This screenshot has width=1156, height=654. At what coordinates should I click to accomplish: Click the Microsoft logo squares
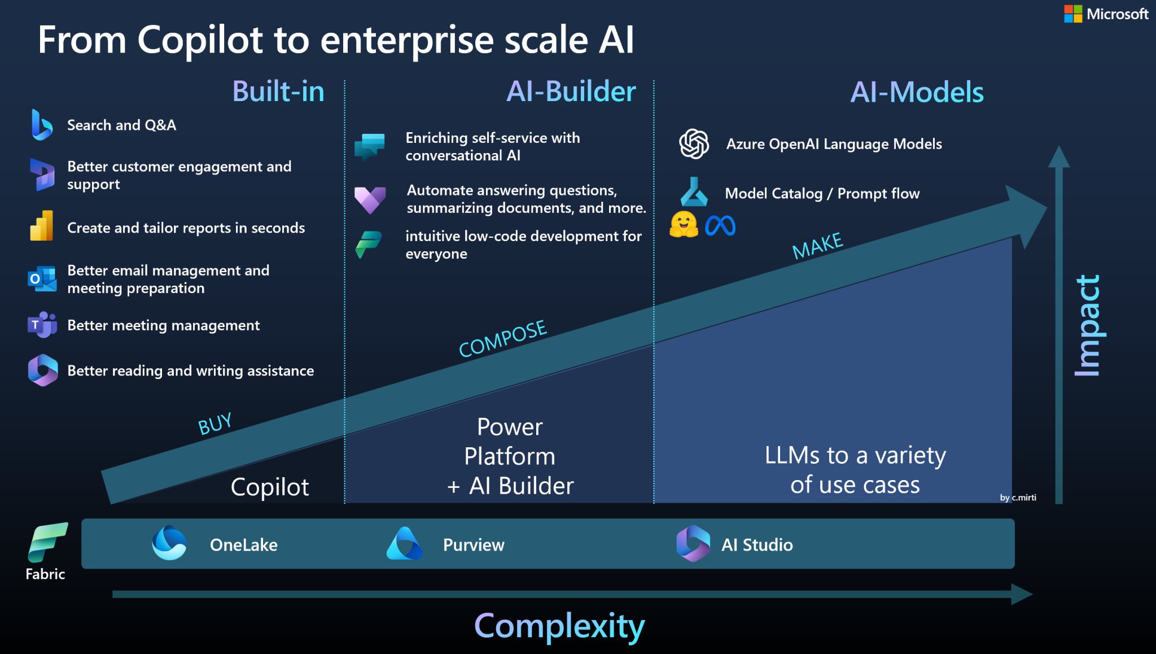pos(1073,14)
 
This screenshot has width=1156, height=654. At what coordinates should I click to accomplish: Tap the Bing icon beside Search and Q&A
pos(42,125)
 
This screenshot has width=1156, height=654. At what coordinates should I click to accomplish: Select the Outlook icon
pos(42,279)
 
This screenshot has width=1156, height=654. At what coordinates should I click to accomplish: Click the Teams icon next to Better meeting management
pos(42,325)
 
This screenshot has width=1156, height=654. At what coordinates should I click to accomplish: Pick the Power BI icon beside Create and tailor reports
pos(42,226)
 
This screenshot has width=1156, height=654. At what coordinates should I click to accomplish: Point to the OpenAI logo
pos(694,143)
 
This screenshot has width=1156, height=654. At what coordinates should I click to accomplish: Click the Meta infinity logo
pos(720,226)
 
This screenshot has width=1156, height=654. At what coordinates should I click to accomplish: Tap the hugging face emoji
pos(684,225)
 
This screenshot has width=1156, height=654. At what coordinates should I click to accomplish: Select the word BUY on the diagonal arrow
pos(215,424)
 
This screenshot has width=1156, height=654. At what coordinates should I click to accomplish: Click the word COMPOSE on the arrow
pos(502,339)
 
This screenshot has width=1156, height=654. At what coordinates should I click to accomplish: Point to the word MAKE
pos(817,246)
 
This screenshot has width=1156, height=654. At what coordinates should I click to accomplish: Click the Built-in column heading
pos(278,91)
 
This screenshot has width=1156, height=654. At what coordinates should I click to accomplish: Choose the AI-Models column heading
pos(917,92)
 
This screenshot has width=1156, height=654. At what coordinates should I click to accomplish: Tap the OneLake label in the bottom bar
pos(243,544)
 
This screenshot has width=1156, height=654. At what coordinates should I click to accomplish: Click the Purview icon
pos(404,543)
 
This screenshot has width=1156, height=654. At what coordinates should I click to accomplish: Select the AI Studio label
pos(757,544)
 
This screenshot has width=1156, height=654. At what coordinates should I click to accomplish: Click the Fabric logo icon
pos(48,542)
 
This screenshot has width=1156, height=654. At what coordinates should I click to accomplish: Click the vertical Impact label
pos(1088,325)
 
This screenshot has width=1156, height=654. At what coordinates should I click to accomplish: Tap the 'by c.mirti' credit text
pos(1018,498)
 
